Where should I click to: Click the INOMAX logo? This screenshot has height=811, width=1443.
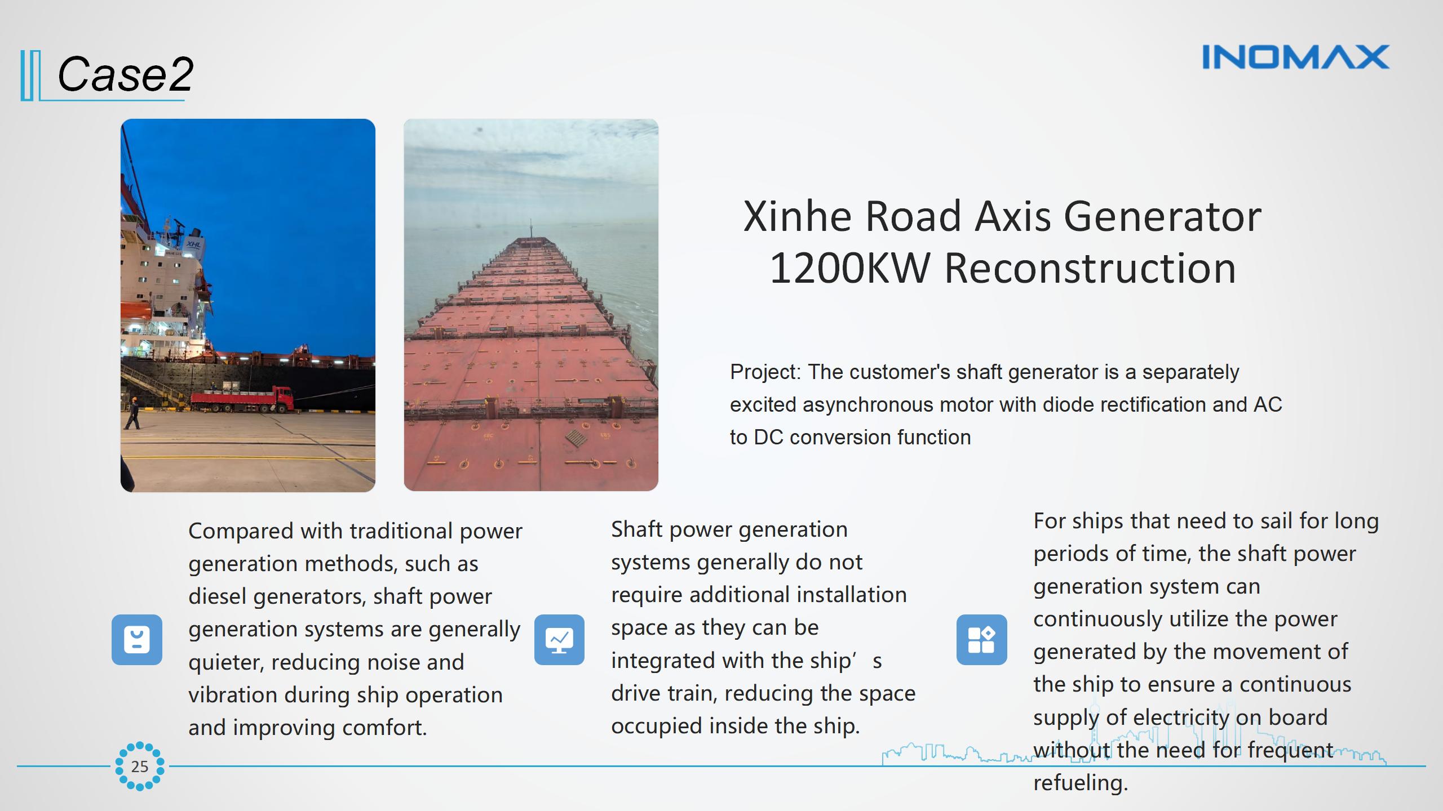(1296, 57)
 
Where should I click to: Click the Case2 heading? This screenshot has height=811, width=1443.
(125, 74)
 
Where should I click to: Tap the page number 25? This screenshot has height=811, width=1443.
(140, 767)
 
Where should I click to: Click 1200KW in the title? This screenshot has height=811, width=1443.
(849, 268)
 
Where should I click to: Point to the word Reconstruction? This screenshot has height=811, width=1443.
(1090, 268)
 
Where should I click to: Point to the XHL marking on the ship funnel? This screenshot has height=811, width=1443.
(193, 244)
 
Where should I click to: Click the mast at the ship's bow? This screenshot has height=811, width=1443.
(531, 228)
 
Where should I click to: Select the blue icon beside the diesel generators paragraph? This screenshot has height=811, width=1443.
(137, 640)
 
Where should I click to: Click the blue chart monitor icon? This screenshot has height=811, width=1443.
(559, 640)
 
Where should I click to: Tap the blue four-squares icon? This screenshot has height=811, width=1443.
(982, 640)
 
